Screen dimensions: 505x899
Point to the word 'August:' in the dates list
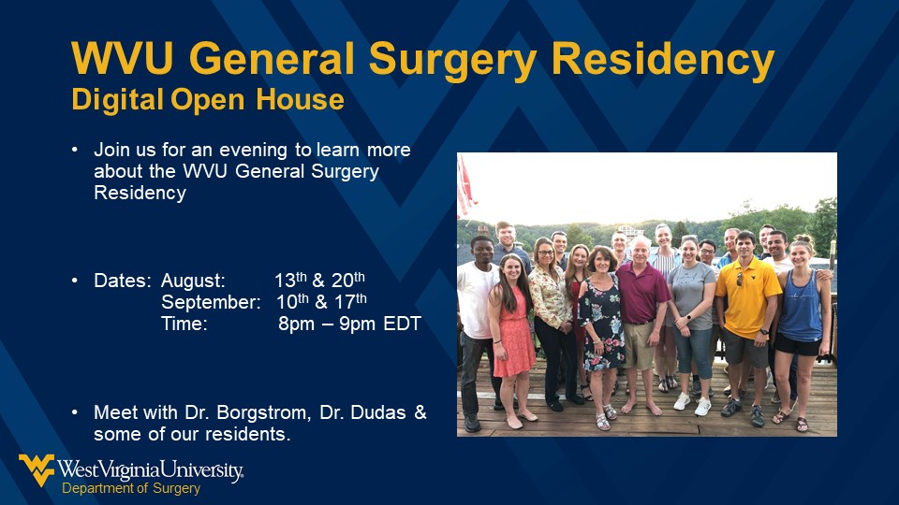pyautogui.click(x=193, y=280)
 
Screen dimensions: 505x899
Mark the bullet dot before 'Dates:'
pyautogui.click(x=75, y=280)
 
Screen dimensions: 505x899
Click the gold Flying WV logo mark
pyautogui.click(x=37, y=469)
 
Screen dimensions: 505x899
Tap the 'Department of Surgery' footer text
pyautogui.click(x=131, y=488)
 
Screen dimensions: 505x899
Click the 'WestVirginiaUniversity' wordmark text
pyautogui.click(x=151, y=469)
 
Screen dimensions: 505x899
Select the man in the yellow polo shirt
pyautogui.click(x=748, y=309)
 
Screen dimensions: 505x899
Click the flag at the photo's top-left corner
pyautogui.click(x=464, y=187)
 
